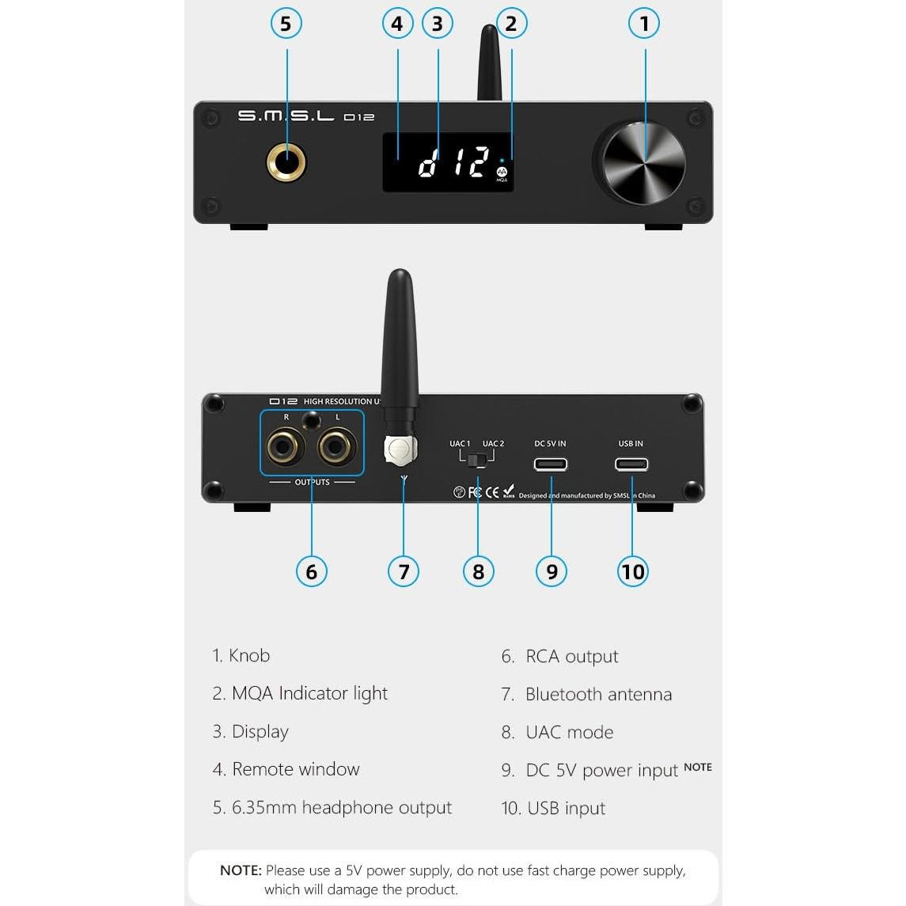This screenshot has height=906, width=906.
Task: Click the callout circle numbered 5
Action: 286,24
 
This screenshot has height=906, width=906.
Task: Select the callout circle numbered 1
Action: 644,24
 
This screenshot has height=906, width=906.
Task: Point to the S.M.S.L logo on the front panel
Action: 286,116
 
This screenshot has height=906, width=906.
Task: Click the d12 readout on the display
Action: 453,162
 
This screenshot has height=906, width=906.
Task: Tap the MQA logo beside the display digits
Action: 502,172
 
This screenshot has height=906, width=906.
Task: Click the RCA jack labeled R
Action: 284,447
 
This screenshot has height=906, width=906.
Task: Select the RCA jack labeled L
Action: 336,447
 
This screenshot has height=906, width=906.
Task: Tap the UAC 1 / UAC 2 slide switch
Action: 477,460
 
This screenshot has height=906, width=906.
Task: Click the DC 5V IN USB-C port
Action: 550,464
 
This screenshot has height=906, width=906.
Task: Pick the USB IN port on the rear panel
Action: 631,464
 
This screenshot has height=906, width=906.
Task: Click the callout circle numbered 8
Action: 478,571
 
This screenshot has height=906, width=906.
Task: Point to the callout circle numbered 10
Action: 632,571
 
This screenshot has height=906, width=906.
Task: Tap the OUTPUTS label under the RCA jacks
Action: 312,482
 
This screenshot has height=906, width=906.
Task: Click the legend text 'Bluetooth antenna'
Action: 598,695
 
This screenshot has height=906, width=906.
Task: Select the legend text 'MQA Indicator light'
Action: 309,694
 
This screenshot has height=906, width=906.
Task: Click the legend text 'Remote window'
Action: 296,769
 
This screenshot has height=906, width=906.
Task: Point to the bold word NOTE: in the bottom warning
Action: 241,870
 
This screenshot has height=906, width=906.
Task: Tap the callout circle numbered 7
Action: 404,571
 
